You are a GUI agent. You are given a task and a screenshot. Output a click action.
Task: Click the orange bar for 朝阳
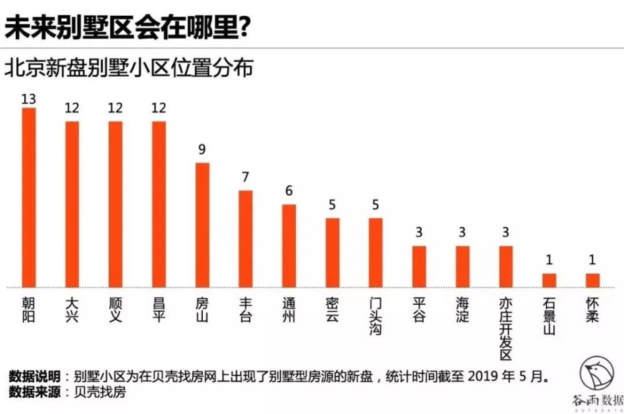[x=29, y=198]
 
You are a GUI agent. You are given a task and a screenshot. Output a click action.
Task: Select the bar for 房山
[x=202, y=225]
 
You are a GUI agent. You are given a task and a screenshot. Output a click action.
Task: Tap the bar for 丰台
[x=246, y=239]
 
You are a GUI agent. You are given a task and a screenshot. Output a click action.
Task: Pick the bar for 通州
[x=289, y=246]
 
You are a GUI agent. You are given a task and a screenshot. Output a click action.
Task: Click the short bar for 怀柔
[x=592, y=281]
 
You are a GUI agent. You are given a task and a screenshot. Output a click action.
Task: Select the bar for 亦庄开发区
[x=505, y=267]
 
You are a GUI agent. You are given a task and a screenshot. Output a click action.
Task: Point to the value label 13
[x=29, y=99]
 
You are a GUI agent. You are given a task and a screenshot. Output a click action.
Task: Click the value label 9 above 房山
[x=202, y=150]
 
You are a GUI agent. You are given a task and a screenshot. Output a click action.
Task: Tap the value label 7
[x=246, y=178]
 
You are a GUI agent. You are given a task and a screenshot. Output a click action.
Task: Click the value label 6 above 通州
[x=289, y=191]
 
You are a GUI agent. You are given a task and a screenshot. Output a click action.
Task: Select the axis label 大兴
[x=72, y=310]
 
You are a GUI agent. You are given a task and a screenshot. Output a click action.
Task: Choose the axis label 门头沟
[x=376, y=317]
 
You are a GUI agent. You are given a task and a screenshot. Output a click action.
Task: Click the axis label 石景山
[x=549, y=317]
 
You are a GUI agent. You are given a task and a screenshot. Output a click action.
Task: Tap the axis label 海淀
[x=462, y=310]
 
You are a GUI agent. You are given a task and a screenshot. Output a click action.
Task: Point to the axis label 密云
[x=333, y=310]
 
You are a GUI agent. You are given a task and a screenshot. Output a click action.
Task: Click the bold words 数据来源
[x=34, y=392]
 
